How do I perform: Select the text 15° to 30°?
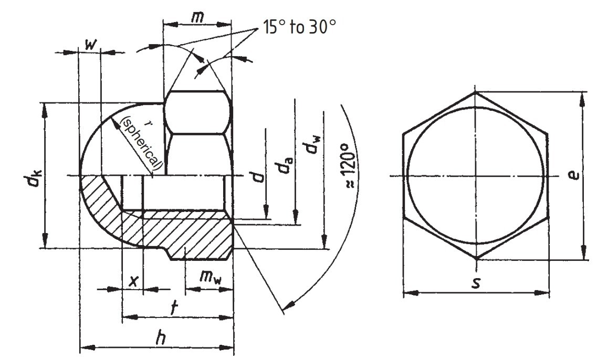[x=298, y=27]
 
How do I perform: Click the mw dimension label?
[x=210, y=278]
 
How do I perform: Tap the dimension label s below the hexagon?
[x=476, y=283]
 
